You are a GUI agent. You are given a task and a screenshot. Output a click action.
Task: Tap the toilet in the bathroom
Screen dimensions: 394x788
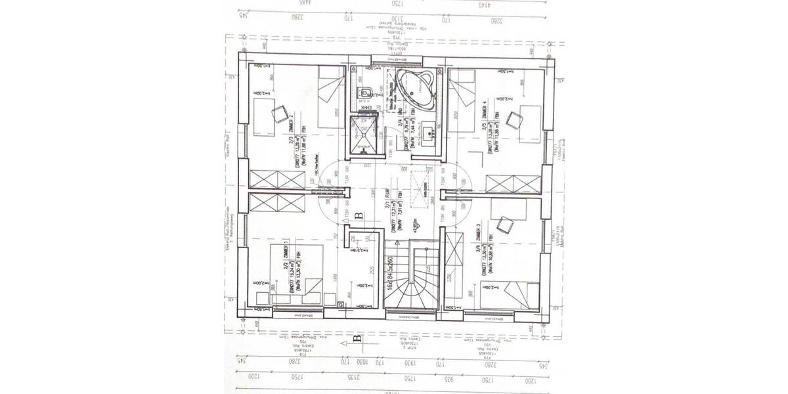(364, 93)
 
